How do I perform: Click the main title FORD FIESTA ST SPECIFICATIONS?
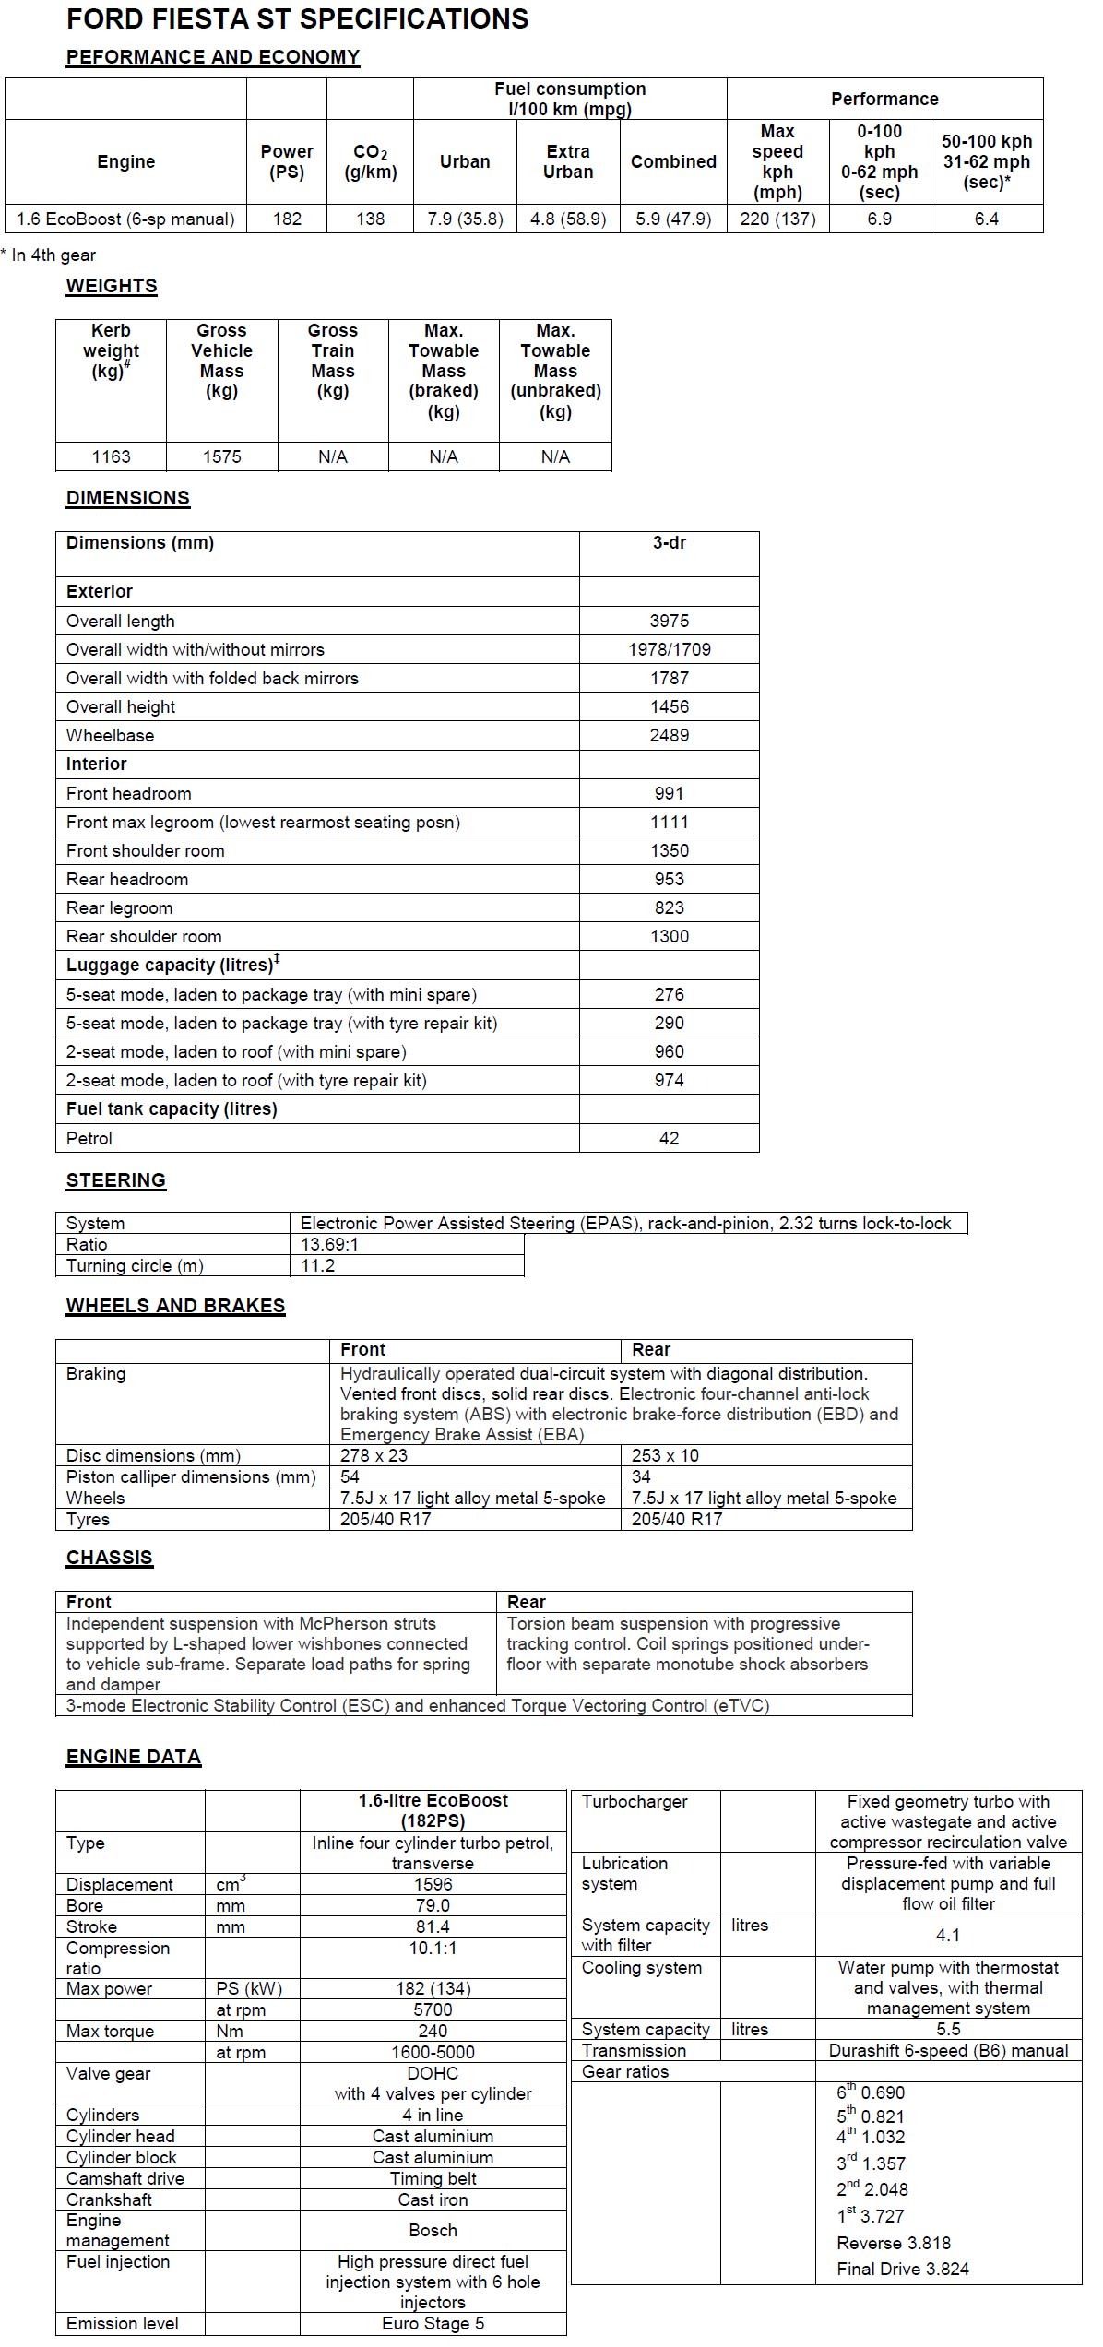tap(297, 19)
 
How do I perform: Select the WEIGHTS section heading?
tap(112, 286)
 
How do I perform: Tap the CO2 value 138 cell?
tap(370, 219)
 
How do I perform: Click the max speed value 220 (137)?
tap(777, 219)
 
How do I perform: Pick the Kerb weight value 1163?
tap(111, 456)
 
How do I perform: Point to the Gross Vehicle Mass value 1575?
tap(221, 456)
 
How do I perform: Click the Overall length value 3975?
tap(669, 621)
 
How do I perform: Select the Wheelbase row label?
tap(110, 735)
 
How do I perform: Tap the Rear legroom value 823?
tap(669, 907)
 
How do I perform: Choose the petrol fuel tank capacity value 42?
tap(669, 1138)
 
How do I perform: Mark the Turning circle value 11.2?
tap(317, 1265)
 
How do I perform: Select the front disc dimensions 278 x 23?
tap(374, 1455)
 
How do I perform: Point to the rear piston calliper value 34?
tap(641, 1476)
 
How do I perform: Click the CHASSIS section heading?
tap(109, 1558)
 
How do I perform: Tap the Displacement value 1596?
tap(433, 1884)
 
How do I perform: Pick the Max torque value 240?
tap(433, 2031)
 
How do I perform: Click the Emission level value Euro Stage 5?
tap(433, 2323)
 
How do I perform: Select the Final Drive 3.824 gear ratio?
tap(903, 2269)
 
